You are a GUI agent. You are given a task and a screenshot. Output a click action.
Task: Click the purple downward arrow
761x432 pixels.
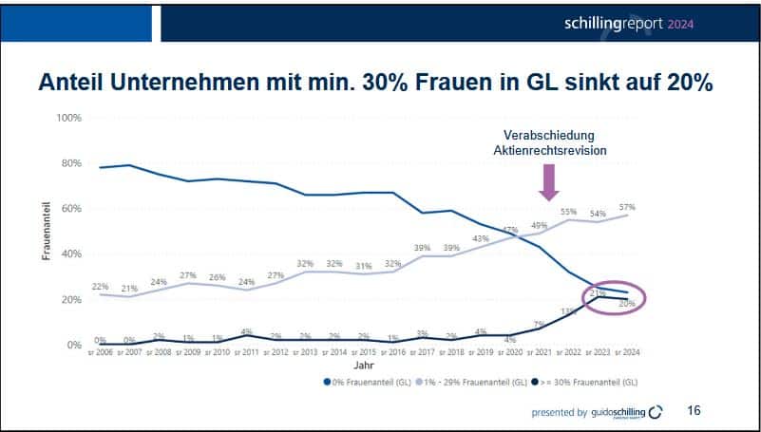point(547,180)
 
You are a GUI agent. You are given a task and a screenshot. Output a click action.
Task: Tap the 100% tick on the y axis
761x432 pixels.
point(69,118)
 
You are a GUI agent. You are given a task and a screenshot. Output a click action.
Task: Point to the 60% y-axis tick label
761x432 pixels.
point(72,208)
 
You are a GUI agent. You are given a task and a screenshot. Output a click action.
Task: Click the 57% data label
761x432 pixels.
point(626,206)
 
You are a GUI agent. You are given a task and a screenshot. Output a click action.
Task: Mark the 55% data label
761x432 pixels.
point(569,211)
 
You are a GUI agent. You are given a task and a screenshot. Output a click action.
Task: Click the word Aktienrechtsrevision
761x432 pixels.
point(550,151)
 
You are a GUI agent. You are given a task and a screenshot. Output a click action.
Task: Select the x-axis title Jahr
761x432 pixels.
point(362,366)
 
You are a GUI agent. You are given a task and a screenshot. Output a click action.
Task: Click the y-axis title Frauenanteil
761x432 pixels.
point(46,231)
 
